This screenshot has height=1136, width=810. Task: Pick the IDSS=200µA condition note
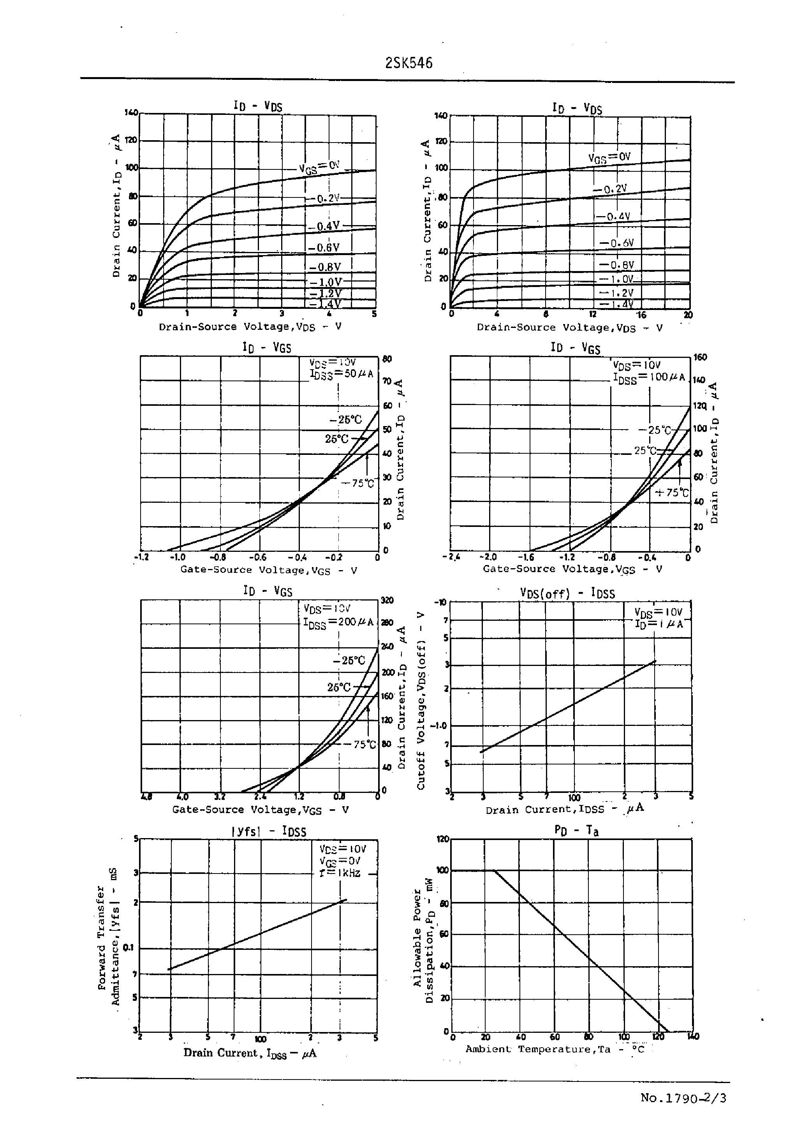(x=338, y=623)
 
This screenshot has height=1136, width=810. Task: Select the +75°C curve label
(x=671, y=493)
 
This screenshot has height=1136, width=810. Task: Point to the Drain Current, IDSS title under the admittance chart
(x=249, y=1053)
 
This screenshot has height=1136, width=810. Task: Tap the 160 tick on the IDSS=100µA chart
(x=700, y=358)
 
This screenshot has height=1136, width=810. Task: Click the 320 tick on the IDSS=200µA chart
(x=387, y=601)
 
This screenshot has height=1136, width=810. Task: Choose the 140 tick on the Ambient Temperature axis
(x=693, y=1037)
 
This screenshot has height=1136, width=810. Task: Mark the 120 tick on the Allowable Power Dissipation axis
(x=442, y=839)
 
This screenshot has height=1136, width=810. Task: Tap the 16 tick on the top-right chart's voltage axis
(x=641, y=315)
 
